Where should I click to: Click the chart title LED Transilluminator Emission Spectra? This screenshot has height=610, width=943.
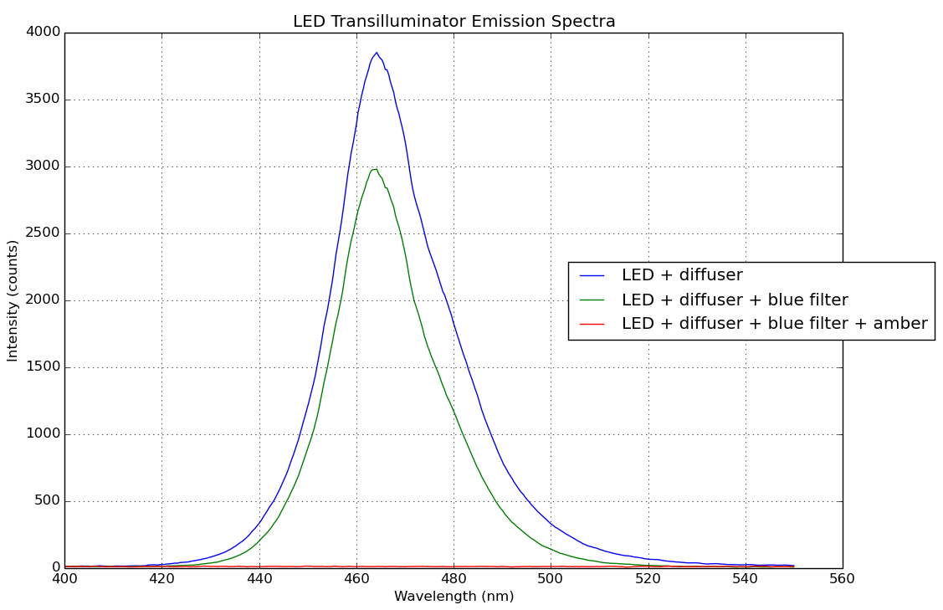coord(454,22)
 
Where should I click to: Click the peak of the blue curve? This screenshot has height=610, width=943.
coord(376,53)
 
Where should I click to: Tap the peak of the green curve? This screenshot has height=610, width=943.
coord(375,168)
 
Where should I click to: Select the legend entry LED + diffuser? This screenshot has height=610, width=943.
coord(681,275)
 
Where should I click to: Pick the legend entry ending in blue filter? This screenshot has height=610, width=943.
coord(734,300)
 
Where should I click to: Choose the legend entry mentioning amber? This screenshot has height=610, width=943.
coord(774,324)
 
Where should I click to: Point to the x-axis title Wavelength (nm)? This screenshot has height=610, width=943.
coord(454,597)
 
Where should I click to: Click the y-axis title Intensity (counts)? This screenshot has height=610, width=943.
coord(13,300)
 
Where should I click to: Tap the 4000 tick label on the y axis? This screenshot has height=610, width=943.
coord(44,33)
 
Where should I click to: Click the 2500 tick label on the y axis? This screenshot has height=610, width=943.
coord(44,233)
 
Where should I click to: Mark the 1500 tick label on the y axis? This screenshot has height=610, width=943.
coord(44,367)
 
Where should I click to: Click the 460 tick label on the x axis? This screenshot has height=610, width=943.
coord(356,577)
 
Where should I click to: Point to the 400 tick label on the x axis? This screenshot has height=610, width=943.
coord(64,577)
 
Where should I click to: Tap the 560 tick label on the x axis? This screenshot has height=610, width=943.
coord(842,577)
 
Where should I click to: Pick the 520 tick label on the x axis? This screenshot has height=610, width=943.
coord(648,577)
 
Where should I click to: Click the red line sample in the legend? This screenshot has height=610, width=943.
coord(592,324)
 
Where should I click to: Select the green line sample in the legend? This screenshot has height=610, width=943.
coord(592,300)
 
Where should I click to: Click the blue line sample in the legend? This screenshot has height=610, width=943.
coord(592,275)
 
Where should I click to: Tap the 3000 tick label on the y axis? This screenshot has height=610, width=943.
coord(44,167)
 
